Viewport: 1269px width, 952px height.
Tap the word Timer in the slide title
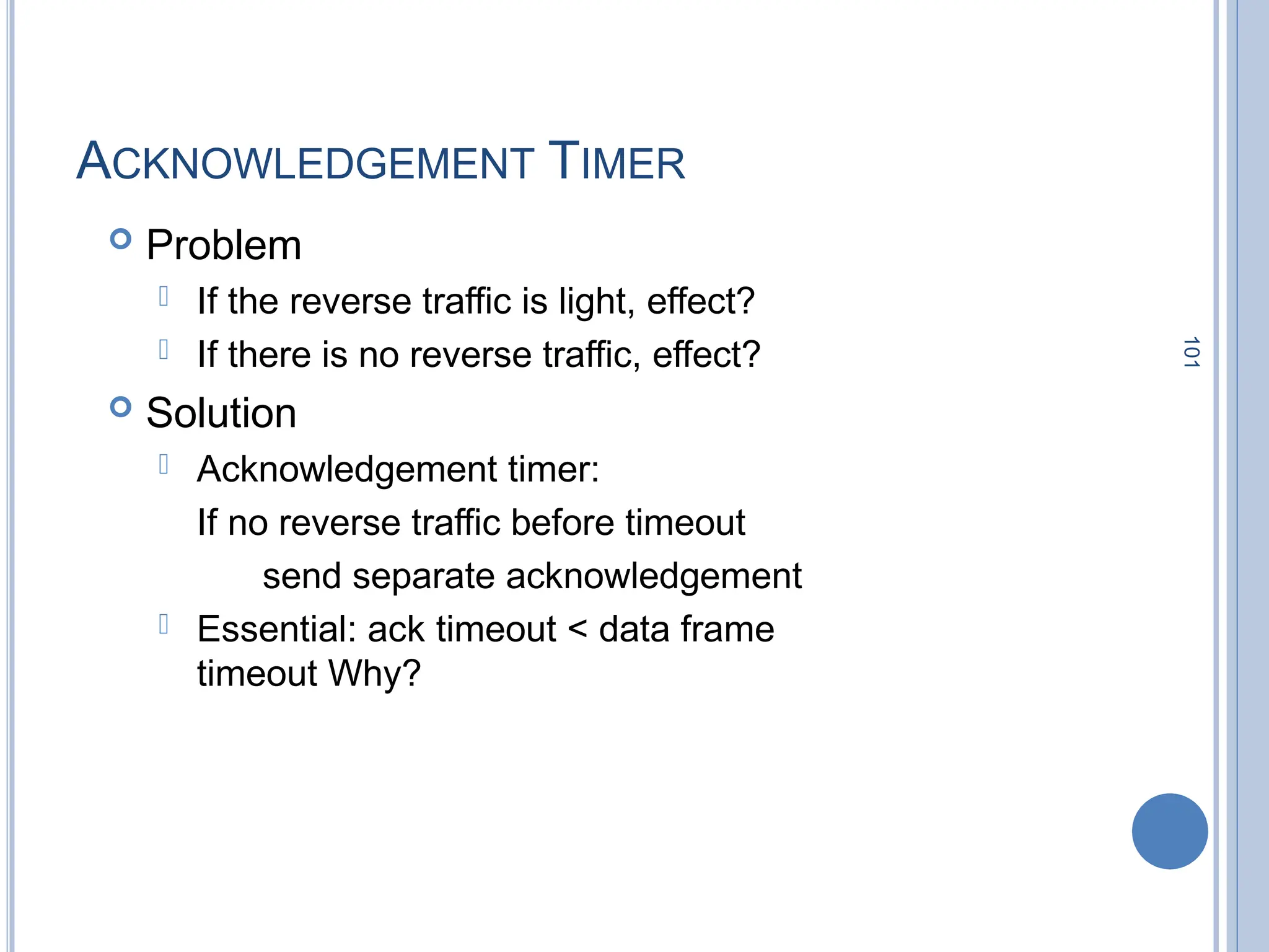pos(617,162)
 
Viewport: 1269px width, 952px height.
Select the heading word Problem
pos(224,245)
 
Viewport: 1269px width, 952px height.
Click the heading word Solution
pos(221,413)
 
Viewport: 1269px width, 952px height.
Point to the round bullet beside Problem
pos(121,239)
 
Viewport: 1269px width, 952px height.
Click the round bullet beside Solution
pos(121,407)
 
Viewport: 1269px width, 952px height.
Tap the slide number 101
pos(1191,352)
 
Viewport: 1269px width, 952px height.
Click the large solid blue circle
pos(1169,831)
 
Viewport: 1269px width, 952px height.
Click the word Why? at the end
pos(374,674)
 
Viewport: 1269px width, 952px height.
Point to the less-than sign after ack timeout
pos(577,629)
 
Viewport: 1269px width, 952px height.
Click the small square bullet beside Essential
pos(164,624)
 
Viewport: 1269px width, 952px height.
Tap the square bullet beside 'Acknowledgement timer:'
pos(164,464)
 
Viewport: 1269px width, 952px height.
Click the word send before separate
pos(302,576)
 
